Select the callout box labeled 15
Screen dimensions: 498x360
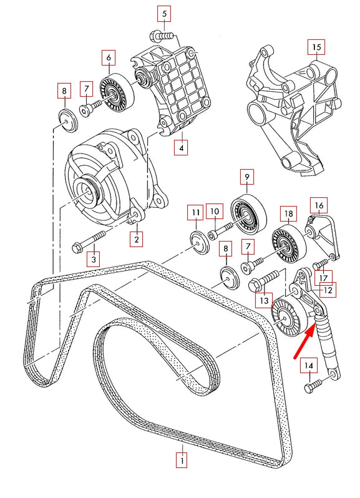point(316,47)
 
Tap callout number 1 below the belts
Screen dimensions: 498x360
point(181,461)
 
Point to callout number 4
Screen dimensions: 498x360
point(181,148)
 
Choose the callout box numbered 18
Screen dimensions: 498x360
point(288,213)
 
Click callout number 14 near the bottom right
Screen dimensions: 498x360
point(309,365)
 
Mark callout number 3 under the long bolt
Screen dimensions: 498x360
point(93,258)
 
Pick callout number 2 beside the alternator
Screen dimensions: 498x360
point(135,238)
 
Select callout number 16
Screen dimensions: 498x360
point(318,205)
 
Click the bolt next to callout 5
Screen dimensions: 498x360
point(163,36)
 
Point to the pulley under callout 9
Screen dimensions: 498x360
point(249,213)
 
